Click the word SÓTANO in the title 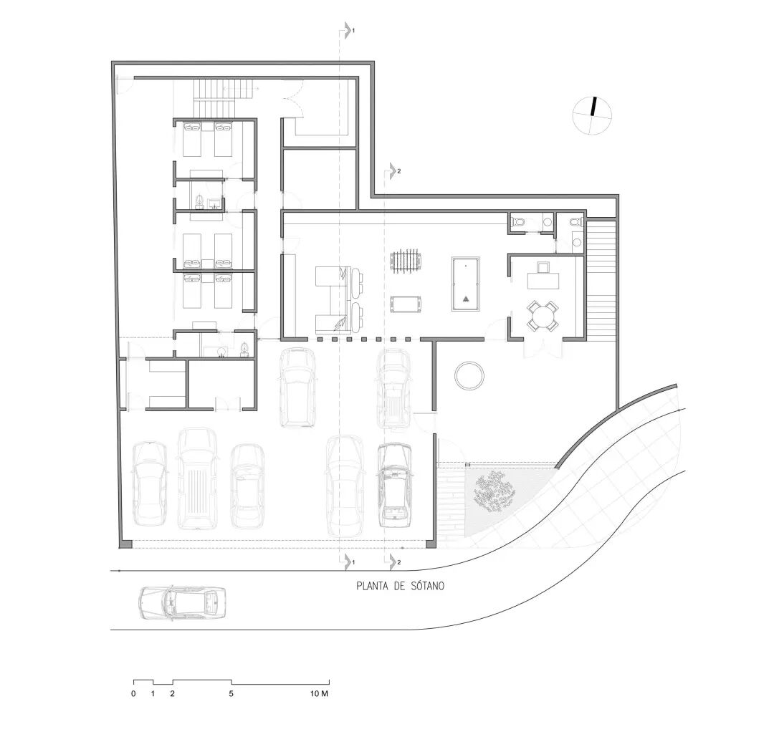click(427, 586)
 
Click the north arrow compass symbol click(592, 115)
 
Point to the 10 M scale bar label click(319, 693)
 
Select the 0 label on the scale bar click(133, 693)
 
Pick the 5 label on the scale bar click(231, 693)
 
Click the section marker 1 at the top click(348, 31)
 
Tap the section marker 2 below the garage click(394, 562)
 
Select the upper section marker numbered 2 click(394, 171)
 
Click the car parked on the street click(183, 603)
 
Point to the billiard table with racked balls click(466, 284)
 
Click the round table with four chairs click(543, 316)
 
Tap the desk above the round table click(543, 280)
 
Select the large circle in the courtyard click(469, 376)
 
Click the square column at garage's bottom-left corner click(125, 544)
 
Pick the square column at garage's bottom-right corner click(431, 544)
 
